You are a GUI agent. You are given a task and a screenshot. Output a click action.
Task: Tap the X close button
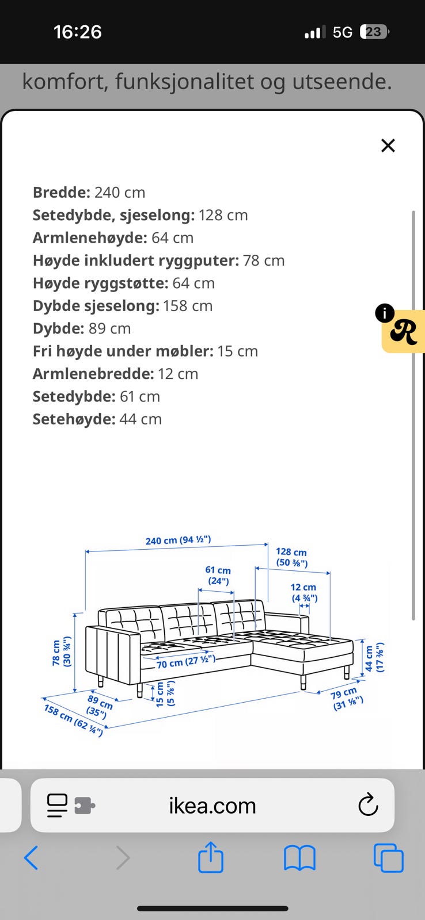[388, 145]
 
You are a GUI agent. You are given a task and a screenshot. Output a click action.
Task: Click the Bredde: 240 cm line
[89, 193]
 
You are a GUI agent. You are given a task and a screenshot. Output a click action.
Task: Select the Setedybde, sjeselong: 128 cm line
[140, 215]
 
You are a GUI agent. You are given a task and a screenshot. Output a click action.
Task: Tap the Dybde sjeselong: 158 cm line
[122, 305]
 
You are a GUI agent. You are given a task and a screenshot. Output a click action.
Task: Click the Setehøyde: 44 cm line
[97, 419]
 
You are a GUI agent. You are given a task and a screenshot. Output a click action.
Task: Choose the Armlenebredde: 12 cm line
[115, 373]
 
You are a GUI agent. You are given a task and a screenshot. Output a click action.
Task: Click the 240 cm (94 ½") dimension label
[178, 540]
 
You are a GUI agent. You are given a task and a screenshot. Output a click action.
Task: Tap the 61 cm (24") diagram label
[218, 575]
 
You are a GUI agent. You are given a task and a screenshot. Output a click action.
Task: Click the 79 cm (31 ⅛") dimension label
[347, 699]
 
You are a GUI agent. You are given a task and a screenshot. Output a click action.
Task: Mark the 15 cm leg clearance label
[165, 693]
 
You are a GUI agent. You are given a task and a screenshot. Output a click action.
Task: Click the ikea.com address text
[212, 806]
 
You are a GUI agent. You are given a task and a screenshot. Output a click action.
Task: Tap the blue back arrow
[31, 858]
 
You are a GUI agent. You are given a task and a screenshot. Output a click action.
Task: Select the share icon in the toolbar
[210, 858]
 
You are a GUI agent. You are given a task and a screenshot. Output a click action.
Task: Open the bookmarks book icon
[299, 858]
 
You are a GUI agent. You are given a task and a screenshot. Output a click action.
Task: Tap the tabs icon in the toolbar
[388, 858]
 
